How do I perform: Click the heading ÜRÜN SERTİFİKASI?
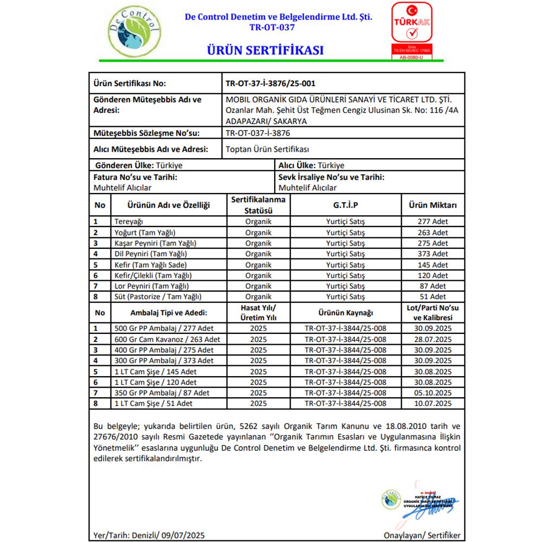(265, 50)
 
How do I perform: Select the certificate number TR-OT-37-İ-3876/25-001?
(270, 83)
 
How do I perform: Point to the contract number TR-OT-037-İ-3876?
(257, 133)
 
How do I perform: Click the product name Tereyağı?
(129, 222)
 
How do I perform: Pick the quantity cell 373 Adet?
(433, 254)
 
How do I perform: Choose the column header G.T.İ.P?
(345, 205)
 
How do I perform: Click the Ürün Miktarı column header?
(433, 205)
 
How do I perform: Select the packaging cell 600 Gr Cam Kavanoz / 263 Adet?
(167, 339)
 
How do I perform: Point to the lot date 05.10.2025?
(432, 393)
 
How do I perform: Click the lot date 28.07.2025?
(432, 339)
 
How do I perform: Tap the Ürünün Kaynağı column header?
(345, 313)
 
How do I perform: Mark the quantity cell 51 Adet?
(433, 296)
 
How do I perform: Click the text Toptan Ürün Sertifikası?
(267, 149)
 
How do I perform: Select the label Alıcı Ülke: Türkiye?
(311, 165)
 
